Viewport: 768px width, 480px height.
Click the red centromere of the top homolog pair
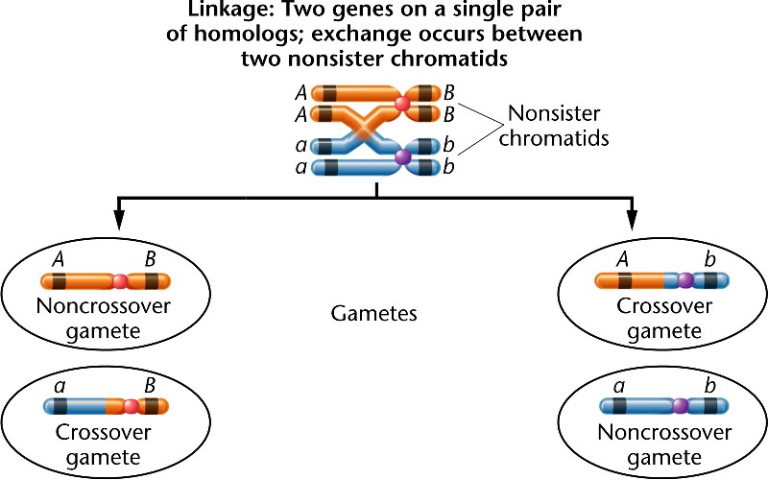(403, 102)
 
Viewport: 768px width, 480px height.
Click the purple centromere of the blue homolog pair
(403, 156)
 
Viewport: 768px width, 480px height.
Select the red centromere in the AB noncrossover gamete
(120, 282)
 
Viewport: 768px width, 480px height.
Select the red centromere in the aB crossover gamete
(131, 406)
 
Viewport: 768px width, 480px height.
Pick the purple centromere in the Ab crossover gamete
(685, 282)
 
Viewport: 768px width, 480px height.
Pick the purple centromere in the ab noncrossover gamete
(679, 406)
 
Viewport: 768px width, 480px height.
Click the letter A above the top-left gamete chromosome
(59, 259)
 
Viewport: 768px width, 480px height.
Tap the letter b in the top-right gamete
(710, 259)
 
